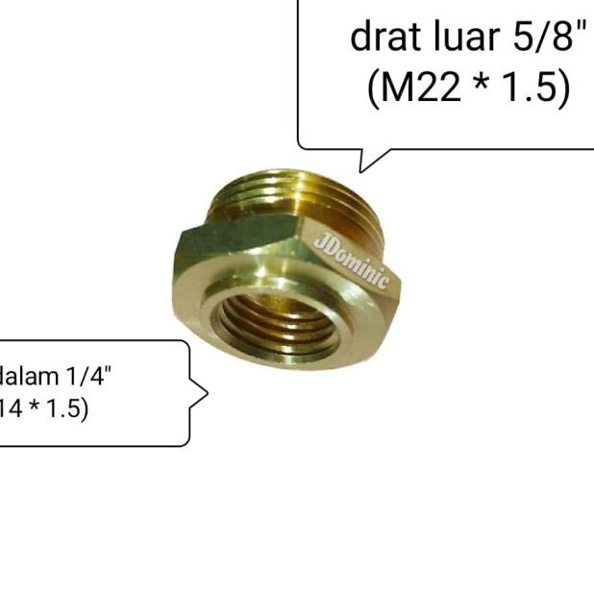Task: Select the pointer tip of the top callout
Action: click(x=361, y=171)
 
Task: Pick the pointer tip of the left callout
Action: click(x=207, y=392)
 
